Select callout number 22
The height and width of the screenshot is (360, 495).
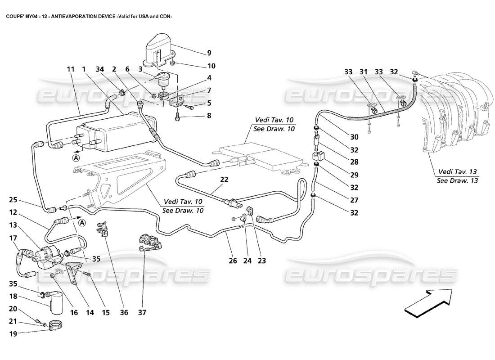pos(225,180)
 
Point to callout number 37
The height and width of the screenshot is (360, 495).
pos(143,312)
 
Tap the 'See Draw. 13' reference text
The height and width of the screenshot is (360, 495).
pos(457,180)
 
